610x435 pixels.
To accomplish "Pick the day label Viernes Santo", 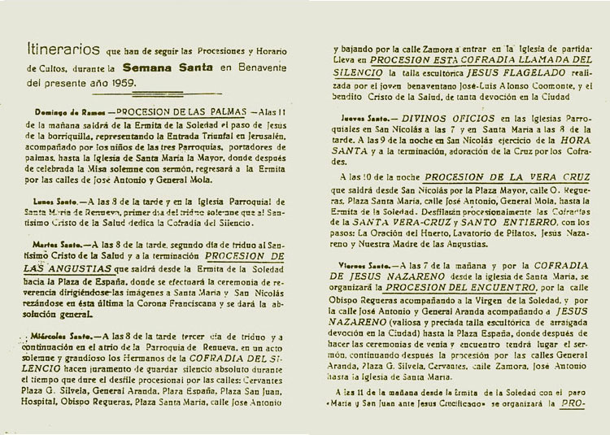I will [366, 265].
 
